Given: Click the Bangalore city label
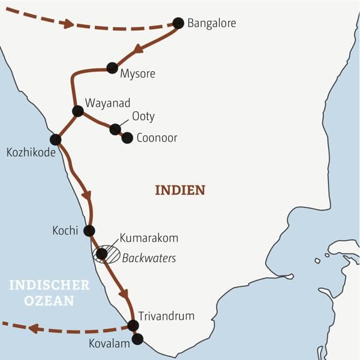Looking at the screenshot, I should [211, 24].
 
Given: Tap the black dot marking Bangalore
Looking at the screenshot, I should [178, 23].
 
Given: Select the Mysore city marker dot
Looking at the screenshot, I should [112, 68].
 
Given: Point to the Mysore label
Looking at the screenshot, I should [137, 74].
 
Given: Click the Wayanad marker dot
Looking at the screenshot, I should [77, 111].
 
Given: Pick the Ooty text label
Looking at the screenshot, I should [143, 116].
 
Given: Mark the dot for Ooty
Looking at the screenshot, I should [115, 129].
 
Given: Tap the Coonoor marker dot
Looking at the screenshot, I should [127, 138].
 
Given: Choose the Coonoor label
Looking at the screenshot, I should [157, 138].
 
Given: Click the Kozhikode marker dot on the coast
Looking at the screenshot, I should [55, 140].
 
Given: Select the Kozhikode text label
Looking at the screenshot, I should [30, 153].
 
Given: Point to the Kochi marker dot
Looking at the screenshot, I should [89, 230].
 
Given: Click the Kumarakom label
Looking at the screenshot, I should [149, 238].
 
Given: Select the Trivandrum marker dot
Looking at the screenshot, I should [133, 325].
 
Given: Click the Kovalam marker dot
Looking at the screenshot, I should [137, 339].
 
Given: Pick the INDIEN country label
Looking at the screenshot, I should [180, 190].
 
